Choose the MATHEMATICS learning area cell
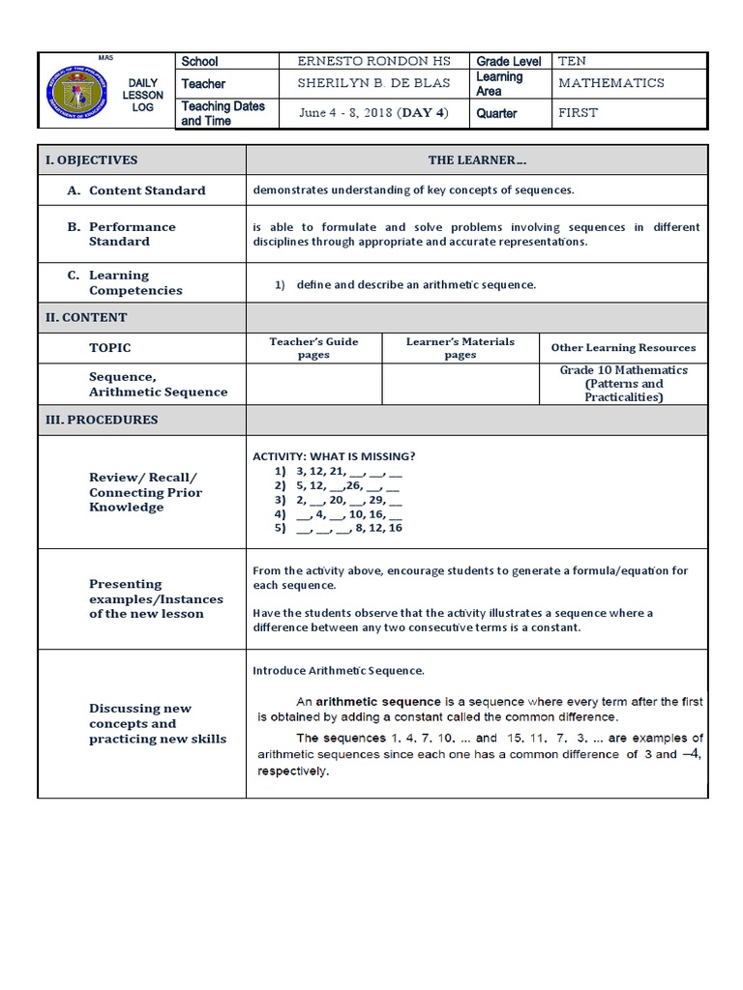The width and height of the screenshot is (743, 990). pos(610,83)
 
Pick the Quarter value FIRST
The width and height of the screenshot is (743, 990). pos(578,113)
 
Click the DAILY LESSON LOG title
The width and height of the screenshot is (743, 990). pos(143,95)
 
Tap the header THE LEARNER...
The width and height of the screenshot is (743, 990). pos(477,160)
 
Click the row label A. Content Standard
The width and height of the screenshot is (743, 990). pos(136,190)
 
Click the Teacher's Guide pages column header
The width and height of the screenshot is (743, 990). pos(313,348)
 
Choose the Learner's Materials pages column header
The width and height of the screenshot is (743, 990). pos(460,348)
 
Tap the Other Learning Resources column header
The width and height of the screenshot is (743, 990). pos(623,348)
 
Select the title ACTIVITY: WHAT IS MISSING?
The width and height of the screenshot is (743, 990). pos(334,456)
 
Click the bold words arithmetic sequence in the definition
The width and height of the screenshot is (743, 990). pos(378,701)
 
